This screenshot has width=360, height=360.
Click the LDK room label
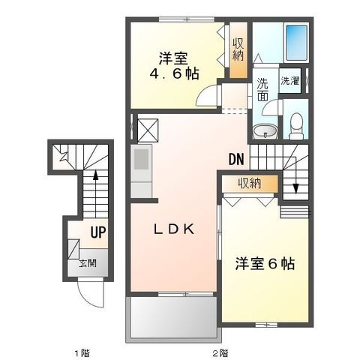coord(174,229)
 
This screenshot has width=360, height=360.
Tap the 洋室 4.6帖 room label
coord(174,66)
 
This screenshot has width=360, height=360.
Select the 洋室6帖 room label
coord(265,263)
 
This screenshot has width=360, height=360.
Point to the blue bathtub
coord(296,43)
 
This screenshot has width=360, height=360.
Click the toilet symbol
coord(296,126)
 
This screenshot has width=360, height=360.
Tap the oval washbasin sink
coord(265,131)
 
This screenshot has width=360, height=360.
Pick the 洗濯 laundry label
coord(290,81)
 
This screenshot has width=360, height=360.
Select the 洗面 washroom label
coord(262,89)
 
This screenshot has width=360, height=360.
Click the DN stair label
coord(236,159)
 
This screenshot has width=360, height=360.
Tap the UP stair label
coord(98,232)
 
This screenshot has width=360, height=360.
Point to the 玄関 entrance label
coord(88,263)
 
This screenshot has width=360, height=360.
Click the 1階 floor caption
coord(82,353)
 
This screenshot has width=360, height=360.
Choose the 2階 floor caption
coord(220,353)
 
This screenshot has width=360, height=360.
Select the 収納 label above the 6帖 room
coord(249,184)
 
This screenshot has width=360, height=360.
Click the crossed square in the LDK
coord(148,130)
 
